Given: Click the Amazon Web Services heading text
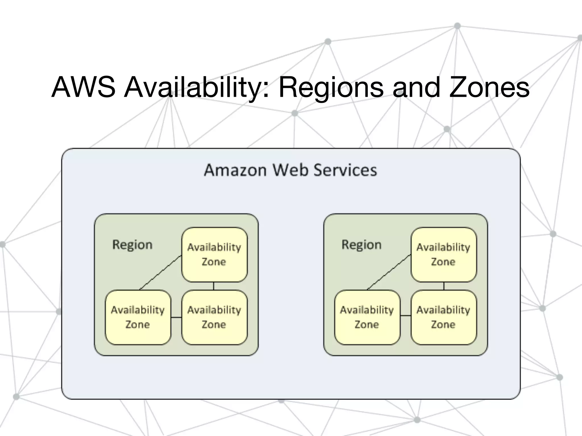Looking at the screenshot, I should click(x=290, y=170).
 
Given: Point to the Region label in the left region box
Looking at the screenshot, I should click(x=132, y=245).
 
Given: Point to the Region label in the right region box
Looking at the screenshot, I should click(x=361, y=245).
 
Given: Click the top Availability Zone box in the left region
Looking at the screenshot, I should click(x=214, y=254).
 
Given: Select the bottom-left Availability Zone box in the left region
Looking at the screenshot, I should click(x=138, y=317).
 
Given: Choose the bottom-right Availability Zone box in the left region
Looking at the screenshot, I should click(x=214, y=317).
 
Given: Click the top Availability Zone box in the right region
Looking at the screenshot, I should click(x=443, y=254).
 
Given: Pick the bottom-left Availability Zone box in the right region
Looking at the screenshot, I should click(x=367, y=317).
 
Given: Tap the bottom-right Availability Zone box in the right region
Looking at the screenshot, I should click(x=443, y=317).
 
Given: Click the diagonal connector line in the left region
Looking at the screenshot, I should click(x=161, y=272).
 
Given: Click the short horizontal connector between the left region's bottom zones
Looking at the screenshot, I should click(x=176, y=317).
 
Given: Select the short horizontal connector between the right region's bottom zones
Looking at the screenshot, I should click(x=406, y=316).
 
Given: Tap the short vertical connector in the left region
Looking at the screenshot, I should click(x=213, y=286).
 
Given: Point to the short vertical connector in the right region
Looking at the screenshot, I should click(x=444, y=286).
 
